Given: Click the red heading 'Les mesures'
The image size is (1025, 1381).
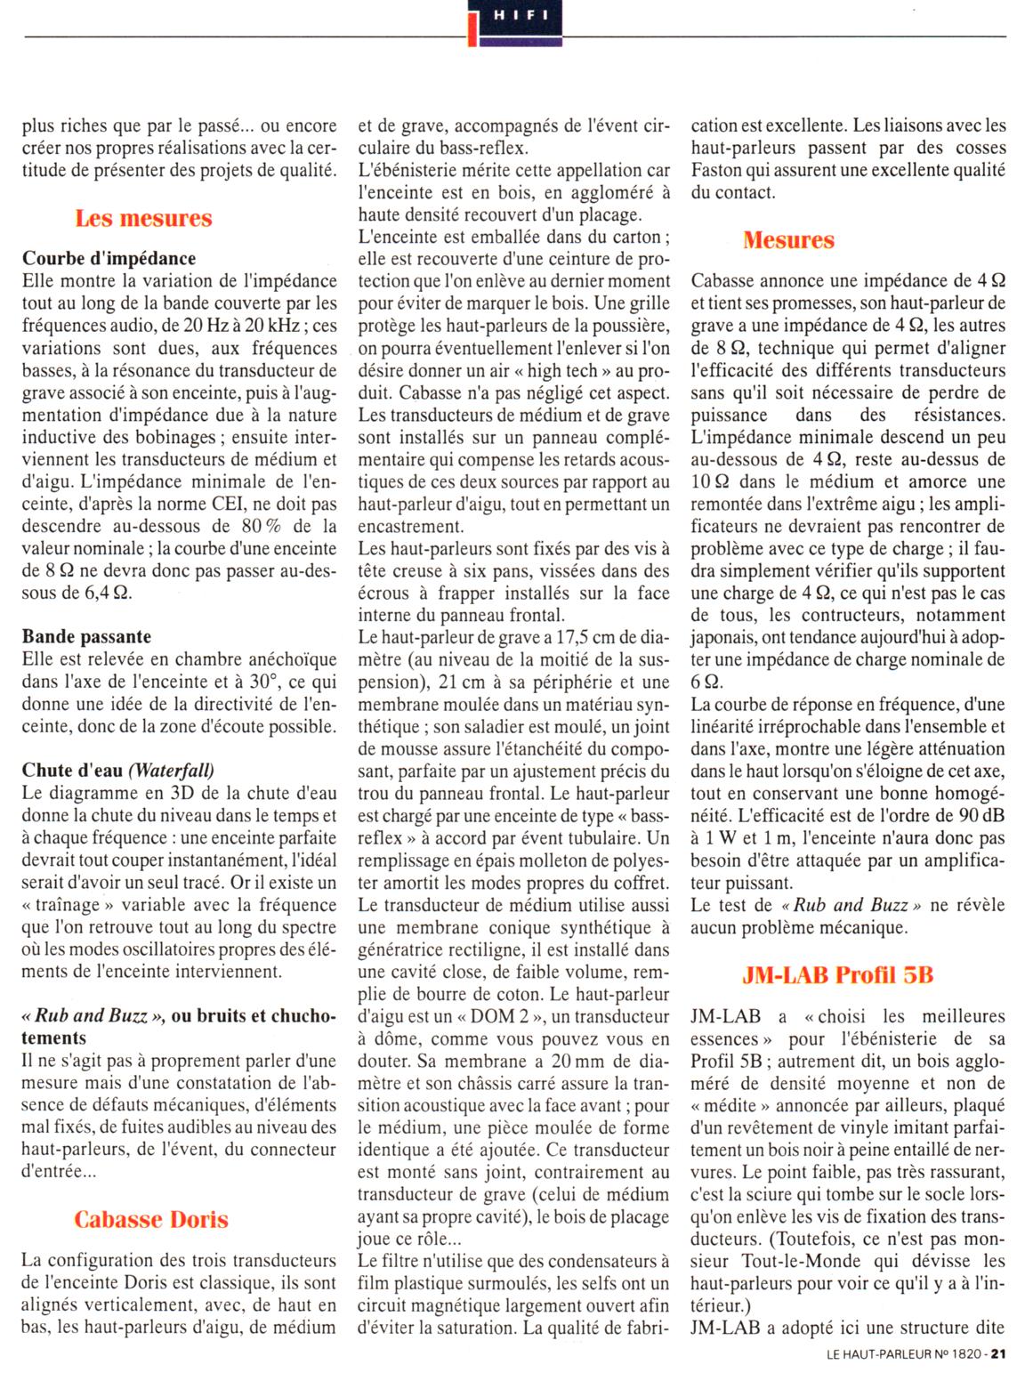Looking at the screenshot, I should point(143,218).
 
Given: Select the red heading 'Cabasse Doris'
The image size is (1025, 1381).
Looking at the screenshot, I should point(151,1219).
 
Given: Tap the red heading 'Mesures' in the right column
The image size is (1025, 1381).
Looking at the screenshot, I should point(788,239).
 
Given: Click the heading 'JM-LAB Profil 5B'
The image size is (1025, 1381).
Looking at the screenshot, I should point(837,974).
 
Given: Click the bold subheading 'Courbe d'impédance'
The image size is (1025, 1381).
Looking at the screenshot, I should point(109,259).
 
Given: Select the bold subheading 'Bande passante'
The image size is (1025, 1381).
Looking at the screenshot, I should point(86,636).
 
